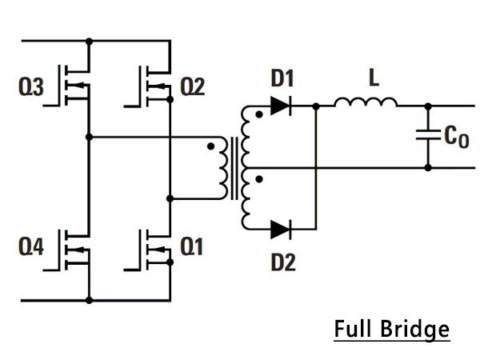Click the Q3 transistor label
click(x=31, y=86)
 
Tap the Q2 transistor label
click(x=193, y=86)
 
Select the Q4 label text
click(x=31, y=246)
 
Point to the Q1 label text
click(x=192, y=246)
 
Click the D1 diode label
click(x=282, y=78)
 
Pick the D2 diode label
click(x=283, y=262)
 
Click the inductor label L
click(x=374, y=78)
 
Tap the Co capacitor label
click(x=457, y=137)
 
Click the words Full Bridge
click(x=392, y=329)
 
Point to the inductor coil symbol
click(x=366, y=102)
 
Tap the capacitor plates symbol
click(x=428, y=135)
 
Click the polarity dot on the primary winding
click(x=210, y=146)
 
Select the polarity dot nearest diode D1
click(x=259, y=114)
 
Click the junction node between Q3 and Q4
click(x=89, y=137)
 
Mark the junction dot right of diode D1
click(x=316, y=106)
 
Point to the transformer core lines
click(x=234, y=168)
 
